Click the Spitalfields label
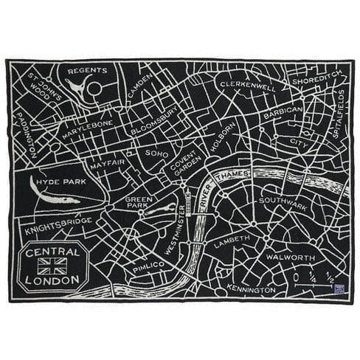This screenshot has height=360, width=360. (339, 106)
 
